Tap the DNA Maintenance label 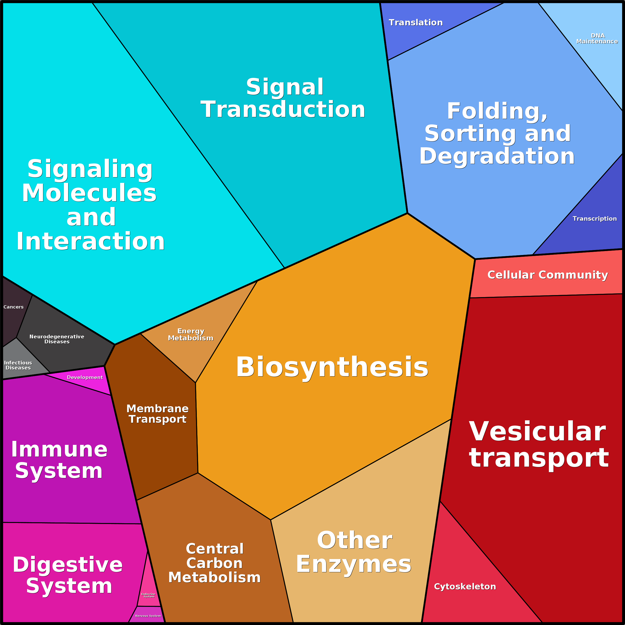597,39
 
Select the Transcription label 595,219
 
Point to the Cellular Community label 547,275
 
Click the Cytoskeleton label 465,586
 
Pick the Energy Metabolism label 191,334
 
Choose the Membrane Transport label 157,414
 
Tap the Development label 85,377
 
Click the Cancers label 14,307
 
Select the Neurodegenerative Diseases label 57,339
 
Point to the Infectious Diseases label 18,365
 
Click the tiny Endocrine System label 149,595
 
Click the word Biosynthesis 332,367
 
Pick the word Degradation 497,156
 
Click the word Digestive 68,565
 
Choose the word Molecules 89,193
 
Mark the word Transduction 283,109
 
